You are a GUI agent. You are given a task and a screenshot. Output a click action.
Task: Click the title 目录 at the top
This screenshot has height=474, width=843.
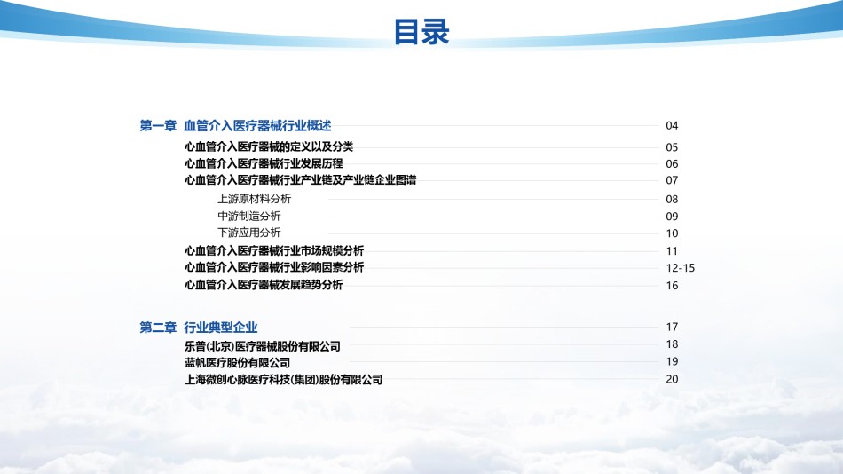(421, 31)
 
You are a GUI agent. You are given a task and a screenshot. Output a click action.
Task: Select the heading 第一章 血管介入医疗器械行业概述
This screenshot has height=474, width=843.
(235, 125)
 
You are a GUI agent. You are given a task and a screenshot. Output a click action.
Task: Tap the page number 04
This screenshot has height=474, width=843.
(672, 125)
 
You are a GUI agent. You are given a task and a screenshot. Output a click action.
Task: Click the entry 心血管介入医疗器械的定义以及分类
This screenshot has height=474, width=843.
(269, 146)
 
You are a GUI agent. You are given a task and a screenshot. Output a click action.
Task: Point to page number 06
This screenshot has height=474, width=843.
(672, 163)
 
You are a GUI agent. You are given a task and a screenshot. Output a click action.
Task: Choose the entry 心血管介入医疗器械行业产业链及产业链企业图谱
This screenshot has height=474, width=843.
(301, 179)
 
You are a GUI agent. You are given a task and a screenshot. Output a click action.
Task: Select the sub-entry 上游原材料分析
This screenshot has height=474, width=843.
(255, 199)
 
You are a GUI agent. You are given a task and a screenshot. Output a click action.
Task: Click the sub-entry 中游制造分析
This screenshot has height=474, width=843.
(249, 216)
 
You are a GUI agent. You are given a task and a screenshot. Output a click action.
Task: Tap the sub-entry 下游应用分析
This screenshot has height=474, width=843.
(249, 233)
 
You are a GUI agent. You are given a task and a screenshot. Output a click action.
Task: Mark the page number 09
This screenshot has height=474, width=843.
(672, 217)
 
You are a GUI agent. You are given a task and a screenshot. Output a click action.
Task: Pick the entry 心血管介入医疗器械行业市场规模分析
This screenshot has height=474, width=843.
(274, 250)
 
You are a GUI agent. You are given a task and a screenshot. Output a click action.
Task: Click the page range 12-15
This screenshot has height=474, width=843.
(681, 267)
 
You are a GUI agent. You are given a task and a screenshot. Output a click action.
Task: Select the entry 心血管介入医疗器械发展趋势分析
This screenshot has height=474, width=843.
(264, 285)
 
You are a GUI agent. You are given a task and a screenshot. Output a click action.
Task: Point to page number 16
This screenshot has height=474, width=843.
(672, 285)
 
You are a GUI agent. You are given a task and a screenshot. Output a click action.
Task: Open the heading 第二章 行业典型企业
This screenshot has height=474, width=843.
(199, 328)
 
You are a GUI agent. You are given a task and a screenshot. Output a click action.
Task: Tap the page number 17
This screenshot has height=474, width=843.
(672, 327)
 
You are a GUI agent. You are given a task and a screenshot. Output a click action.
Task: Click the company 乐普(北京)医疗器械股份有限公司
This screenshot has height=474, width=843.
(263, 346)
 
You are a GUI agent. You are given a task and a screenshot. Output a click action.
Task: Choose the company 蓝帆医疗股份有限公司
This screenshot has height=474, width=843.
(237, 363)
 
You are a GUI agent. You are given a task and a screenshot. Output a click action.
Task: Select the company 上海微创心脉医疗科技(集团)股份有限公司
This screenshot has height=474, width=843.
(283, 379)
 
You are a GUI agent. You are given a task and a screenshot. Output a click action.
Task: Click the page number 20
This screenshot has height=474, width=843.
(672, 379)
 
